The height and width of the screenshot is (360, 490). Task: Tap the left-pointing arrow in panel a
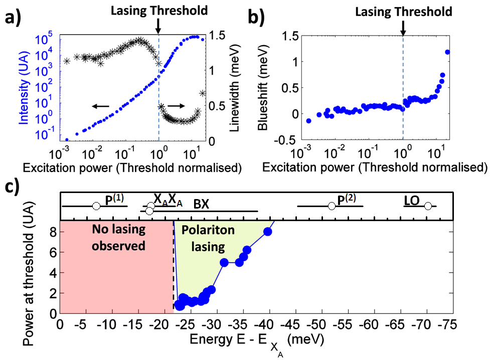100,106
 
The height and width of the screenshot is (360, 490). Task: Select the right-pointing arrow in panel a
175,106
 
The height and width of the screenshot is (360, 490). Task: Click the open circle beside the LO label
428,206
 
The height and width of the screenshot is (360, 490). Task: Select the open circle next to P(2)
331,206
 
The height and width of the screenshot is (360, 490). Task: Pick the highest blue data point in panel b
447,52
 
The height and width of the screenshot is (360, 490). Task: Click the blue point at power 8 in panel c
268,231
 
